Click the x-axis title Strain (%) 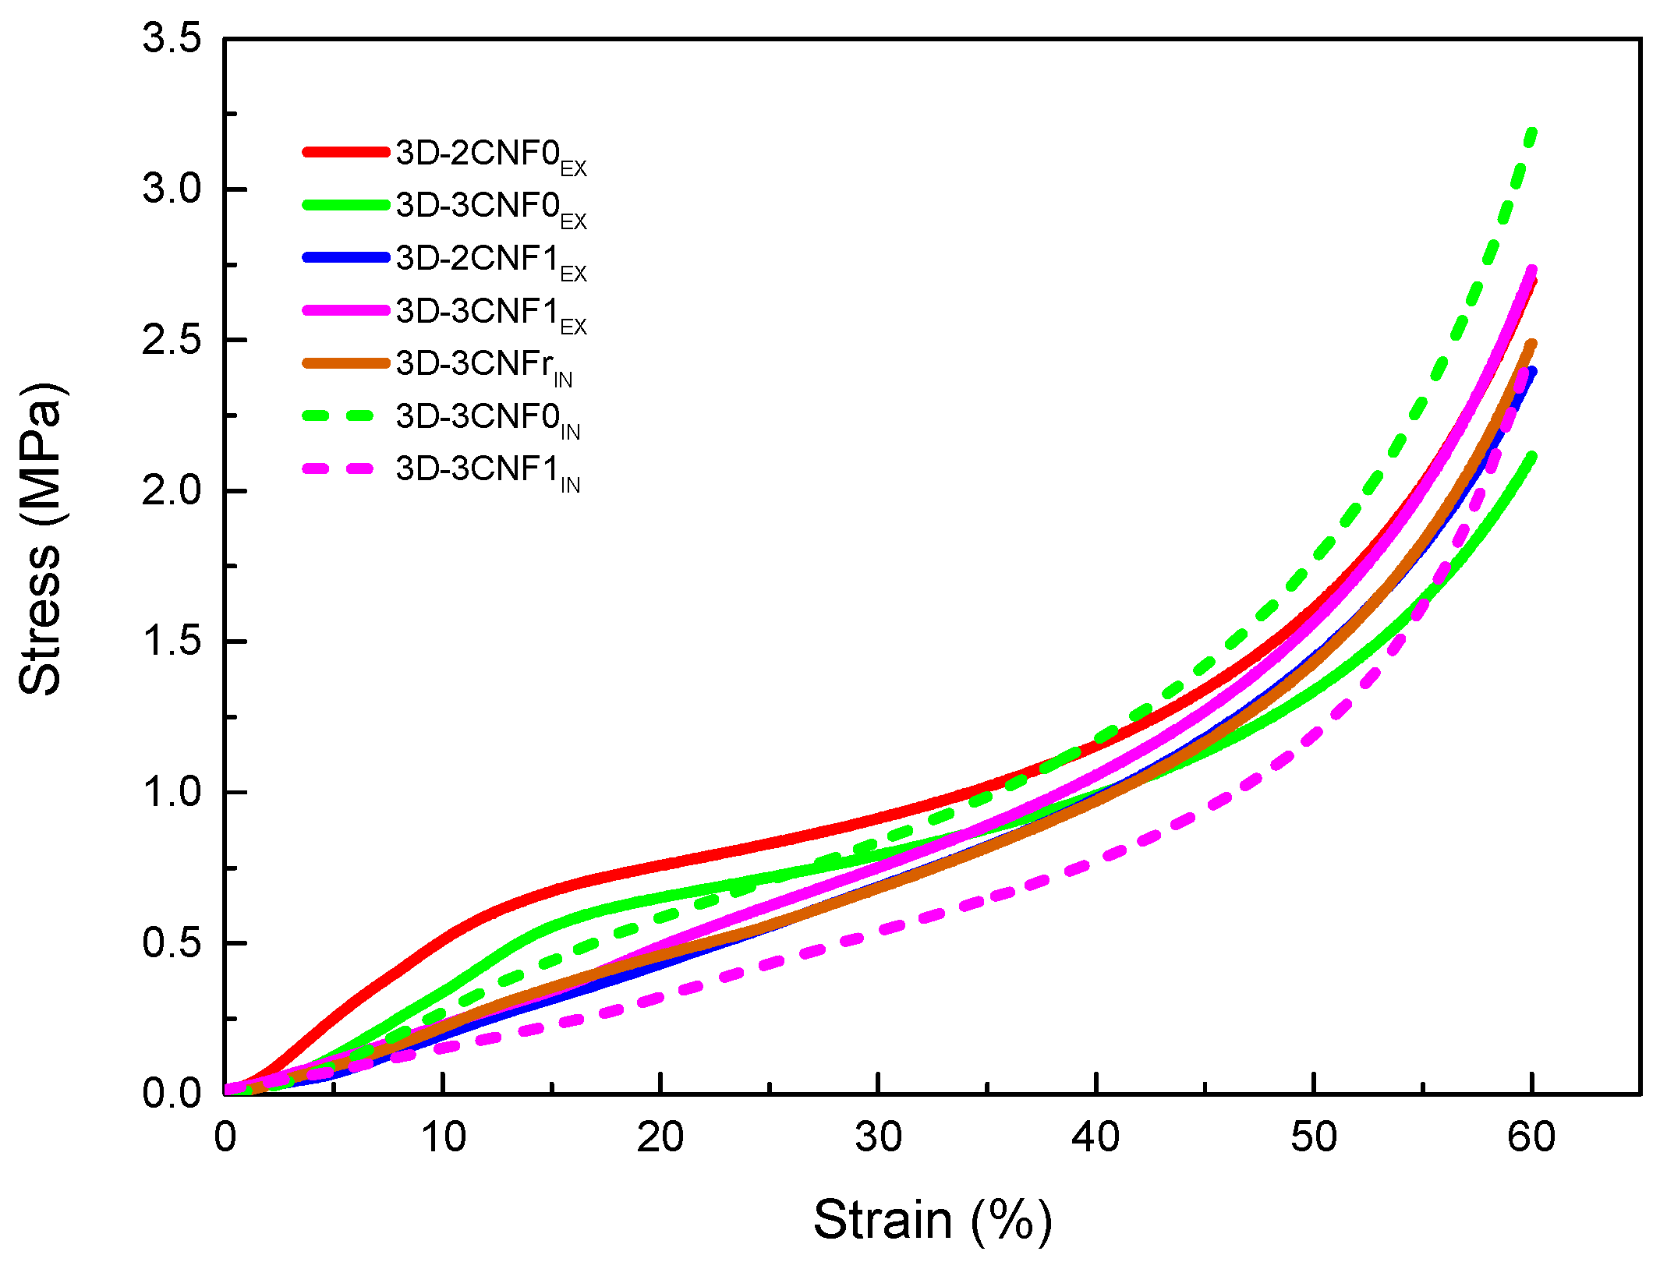[x=932, y=1218]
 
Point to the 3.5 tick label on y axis [x=172, y=38]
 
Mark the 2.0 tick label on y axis [x=172, y=491]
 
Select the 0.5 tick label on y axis [x=172, y=942]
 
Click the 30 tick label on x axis [x=878, y=1137]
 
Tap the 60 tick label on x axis [x=1531, y=1137]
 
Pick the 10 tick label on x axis [x=443, y=1137]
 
